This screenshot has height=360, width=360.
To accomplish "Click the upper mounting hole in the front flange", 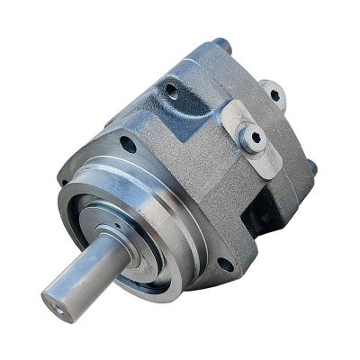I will [x=129, y=144].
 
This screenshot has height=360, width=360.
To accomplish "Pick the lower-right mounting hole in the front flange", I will [x=224, y=264].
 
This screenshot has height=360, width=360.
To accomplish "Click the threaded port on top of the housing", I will [x=169, y=89].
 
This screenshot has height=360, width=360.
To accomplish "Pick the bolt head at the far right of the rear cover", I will [x=312, y=167].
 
